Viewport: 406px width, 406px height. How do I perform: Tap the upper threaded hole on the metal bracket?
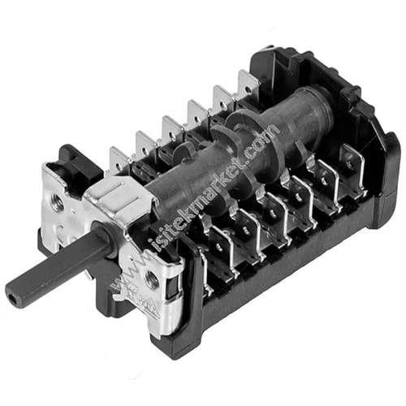[x=57, y=201]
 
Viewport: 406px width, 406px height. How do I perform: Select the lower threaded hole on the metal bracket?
[x=149, y=279]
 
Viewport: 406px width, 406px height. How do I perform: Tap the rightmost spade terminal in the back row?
[x=248, y=84]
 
